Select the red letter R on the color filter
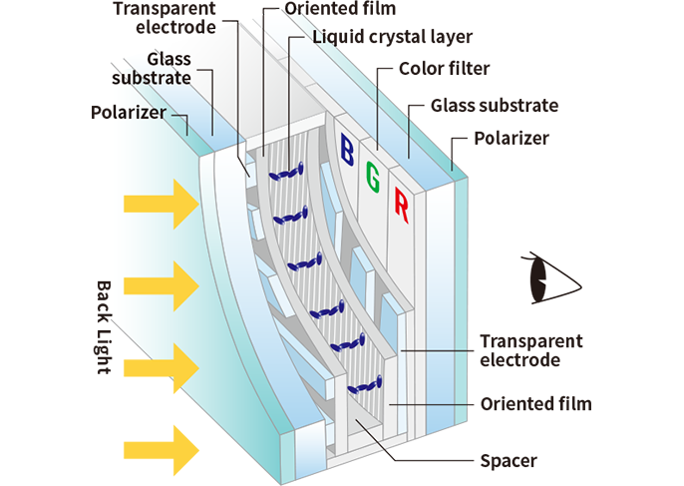point(401,206)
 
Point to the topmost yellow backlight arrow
point(161,205)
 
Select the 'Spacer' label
point(509,461)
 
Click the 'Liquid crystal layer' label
point(392,38)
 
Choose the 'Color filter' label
point(443,70)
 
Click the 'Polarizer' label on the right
point(512,138)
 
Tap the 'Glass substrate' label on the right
point(495,105)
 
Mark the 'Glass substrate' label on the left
point(156,69)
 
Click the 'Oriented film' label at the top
point(340,9)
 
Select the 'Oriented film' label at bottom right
point(535,404)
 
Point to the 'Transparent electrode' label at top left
point(162,18)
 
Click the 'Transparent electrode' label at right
point(530,350)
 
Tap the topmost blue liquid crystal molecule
point(287,172)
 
